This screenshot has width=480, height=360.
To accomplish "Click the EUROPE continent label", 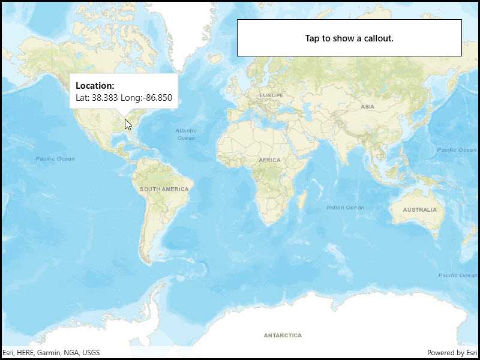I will (x=271, y=95).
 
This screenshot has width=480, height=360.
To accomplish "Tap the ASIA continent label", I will (x=367, y=106).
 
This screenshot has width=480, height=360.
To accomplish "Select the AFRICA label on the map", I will (x=269, y=160).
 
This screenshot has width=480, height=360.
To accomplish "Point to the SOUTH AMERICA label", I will (x=164, y=189).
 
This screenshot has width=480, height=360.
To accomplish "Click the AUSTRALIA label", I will (x=419, y=210).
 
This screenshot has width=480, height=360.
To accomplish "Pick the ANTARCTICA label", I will (x=283, y=335).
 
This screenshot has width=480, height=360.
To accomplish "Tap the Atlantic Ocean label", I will (x=186, y=134).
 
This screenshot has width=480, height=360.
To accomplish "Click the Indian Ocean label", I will (x=345, y=208).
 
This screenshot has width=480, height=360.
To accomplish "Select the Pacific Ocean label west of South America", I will (x=55, y=158).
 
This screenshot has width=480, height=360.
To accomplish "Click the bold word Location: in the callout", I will (x=95, y=86).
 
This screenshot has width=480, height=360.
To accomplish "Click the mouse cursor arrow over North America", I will (x=128, y=124).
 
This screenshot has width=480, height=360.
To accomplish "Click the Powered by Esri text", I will (x=452, y=353).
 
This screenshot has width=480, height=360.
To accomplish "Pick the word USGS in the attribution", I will (x=91, y=353).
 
